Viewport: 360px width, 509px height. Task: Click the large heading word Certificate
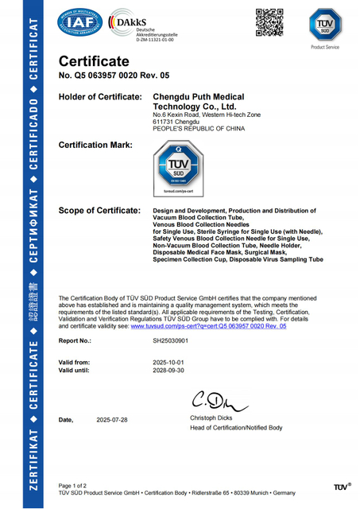pyautogui.click(x=94, y=61)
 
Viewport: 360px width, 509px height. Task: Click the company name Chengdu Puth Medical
pyautogui.click(x=199, y=97)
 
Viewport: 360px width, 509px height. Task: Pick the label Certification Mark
pyautogui.click(x=96, y=145)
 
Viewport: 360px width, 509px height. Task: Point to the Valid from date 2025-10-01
pyautogui.click(x=168, y=362)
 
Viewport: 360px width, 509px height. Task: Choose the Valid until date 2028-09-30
pyautogui.click(x=168, y=370)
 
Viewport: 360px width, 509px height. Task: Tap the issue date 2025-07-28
pyautogui.click(x=113, y=418)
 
